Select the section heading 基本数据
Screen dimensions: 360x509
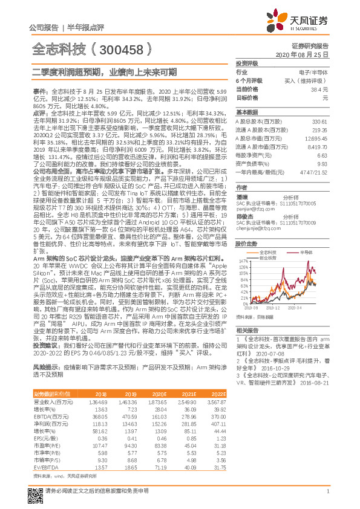pos(247,112)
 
